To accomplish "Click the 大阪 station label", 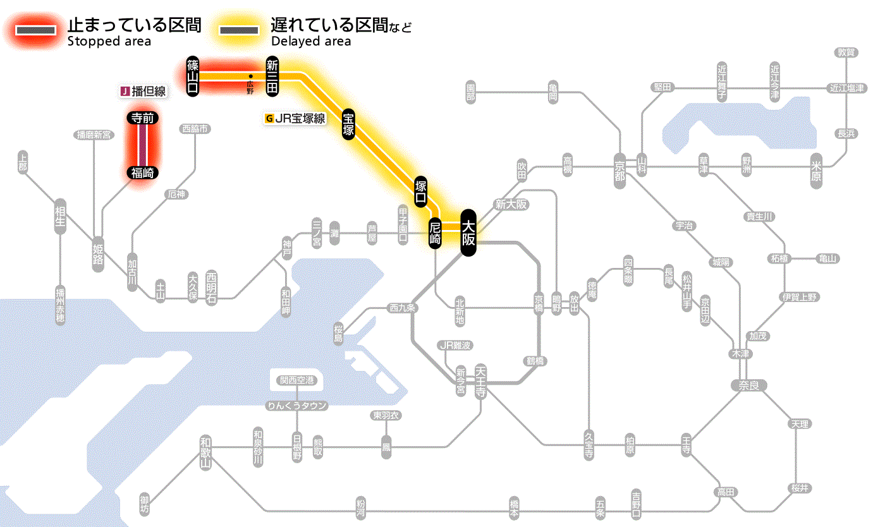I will (x=468, y=233).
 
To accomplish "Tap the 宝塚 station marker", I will (x=348, y=124).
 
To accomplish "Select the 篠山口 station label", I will (x=193, y=76).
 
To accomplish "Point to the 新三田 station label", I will (x=272, y=76).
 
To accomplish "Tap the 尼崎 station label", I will (x=435, y=233).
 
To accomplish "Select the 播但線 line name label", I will (x=143, y=92).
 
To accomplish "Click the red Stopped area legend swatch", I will (x=37, y=31).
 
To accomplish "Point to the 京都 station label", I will (x=619, y=170).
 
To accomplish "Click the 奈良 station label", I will (x=748, y=385).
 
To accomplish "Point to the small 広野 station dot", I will (x=251, y=77).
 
